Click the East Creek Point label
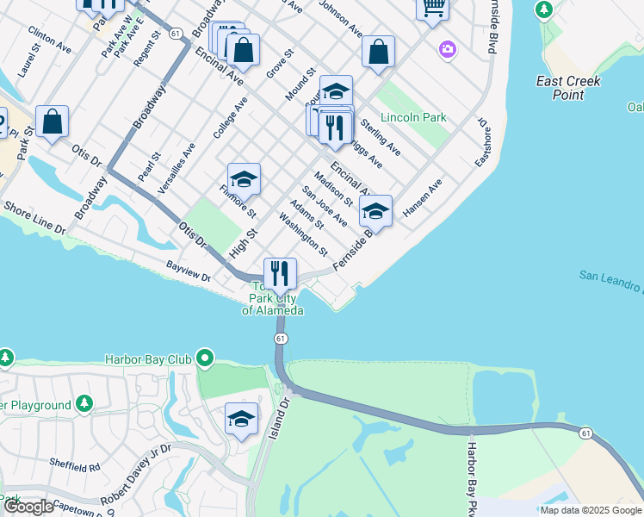568,87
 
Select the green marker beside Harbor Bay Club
205,358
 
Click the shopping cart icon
433,8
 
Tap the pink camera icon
447,48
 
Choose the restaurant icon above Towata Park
280,274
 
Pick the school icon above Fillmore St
244,179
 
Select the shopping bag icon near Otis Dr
53,122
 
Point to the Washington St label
304,239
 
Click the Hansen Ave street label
422,197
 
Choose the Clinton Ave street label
49,40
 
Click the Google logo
28,507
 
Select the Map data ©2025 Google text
591,510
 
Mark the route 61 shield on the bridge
281,339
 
